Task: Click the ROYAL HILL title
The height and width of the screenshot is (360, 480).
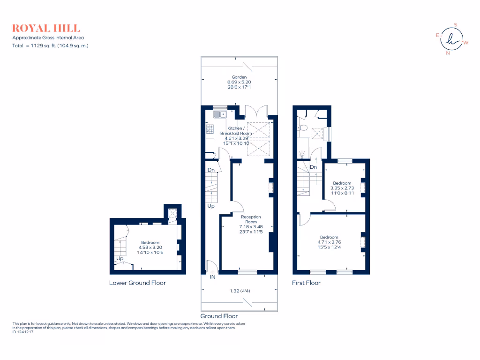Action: (46, 28)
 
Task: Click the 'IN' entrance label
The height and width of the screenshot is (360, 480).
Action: (212, 277)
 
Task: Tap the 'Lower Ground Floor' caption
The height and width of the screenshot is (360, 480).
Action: (137, 283)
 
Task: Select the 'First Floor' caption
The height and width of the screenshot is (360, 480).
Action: (306, 283)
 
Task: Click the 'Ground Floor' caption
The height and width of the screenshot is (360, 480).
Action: (219, 316)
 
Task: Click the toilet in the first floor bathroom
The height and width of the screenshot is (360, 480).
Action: (303, 127)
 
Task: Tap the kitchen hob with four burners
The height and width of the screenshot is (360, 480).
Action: (210, 128)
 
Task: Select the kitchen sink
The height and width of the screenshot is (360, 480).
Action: (219, 113)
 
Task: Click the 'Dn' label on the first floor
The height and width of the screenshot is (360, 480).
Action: (313, 167)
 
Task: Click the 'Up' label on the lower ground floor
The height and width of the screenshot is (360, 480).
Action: (120, 258)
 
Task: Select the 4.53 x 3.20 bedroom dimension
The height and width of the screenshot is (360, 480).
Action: (150, 247)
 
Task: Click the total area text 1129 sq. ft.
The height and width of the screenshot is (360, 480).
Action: (50, 45)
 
